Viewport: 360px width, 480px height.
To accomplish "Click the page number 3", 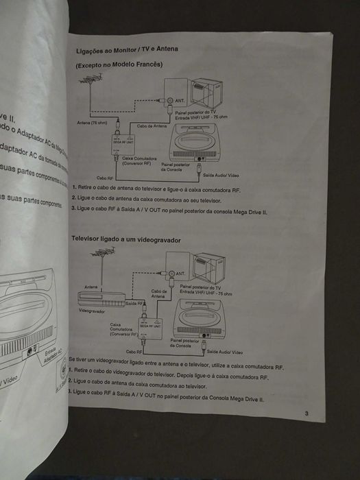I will (307, 413).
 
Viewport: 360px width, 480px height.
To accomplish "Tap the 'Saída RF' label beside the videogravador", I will (134, 302).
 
